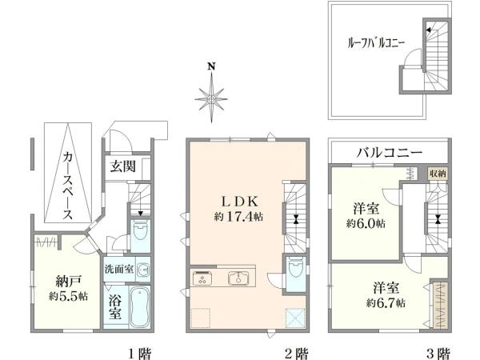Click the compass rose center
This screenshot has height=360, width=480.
click(210, 98)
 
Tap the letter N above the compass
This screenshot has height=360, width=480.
click(210, 67)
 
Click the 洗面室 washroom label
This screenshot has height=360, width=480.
click(119, 269)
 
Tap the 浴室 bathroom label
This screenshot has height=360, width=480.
click(116, 305)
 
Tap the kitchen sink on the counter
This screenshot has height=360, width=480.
click(237, 278)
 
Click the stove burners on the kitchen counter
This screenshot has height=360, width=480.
click(199, 278)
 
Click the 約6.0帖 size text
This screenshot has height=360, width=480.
click(366, 224)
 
